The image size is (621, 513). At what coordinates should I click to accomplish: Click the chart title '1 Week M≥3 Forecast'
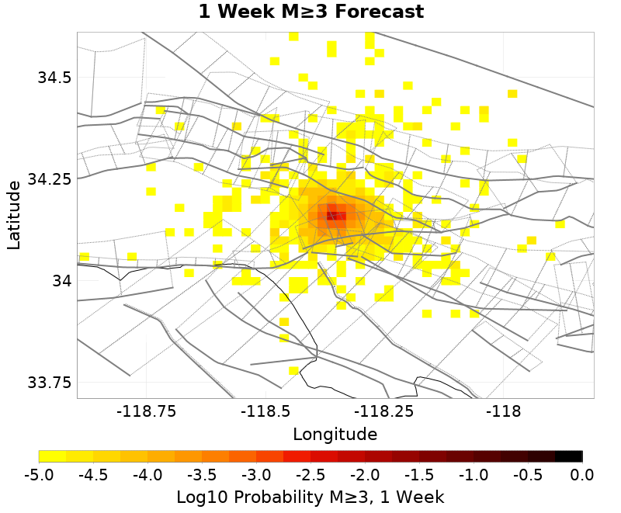pos(310,12)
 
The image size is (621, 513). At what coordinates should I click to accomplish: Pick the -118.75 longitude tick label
pos(147,411)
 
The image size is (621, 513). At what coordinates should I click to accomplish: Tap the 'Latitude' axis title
pos(14,215)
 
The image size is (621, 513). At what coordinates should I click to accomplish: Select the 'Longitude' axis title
pos(335,434)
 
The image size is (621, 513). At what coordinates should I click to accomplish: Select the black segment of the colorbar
pos(569,456)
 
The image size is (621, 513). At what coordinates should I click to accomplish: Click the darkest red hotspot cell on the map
pos(332,215)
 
